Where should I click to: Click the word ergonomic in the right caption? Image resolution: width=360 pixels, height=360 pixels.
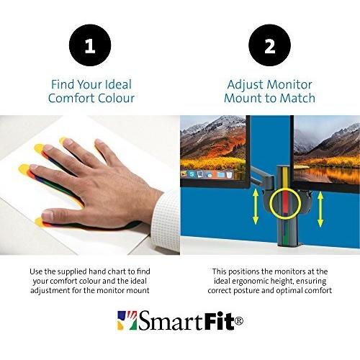click(x=266, y=281)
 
